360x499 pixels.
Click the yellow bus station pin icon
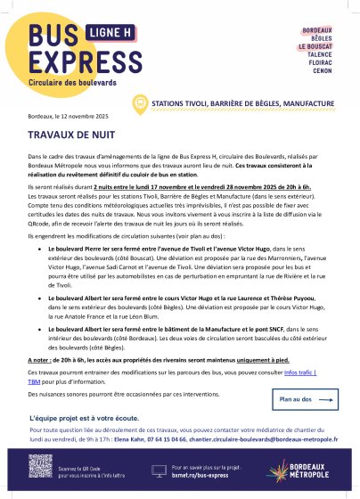tap(140, 103)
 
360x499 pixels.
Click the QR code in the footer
tap(41, 466)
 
